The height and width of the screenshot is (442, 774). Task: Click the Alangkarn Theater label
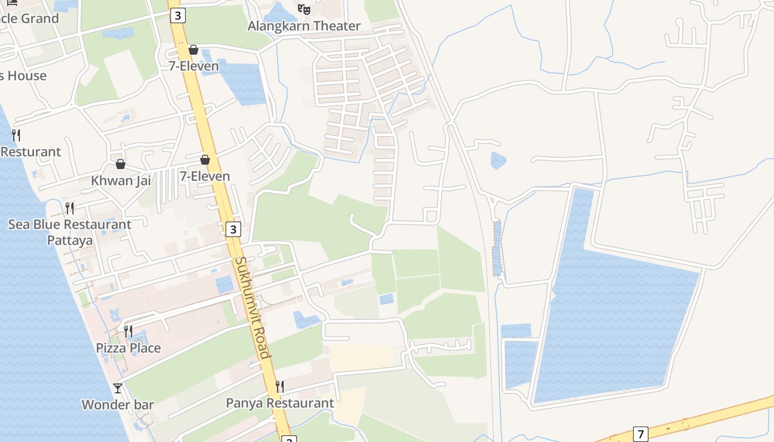coord(304,26)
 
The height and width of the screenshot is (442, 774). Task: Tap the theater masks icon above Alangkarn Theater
coord(304,9)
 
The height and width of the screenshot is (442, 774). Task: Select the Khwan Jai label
coord(121,181)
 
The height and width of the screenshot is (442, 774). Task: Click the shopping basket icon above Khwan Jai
coord(121,164)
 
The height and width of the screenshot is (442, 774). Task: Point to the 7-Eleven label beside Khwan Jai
coord(205,176)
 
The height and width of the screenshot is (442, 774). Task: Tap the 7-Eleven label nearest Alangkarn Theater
coord(193,66)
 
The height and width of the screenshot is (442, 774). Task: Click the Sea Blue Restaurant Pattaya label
coord(70,233)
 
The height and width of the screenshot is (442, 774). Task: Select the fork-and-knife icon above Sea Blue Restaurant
coord(70,208)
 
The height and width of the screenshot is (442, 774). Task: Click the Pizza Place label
coord(128,348)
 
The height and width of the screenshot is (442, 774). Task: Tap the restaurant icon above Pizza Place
coord(128,331)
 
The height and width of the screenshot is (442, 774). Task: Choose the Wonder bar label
coord(118,404)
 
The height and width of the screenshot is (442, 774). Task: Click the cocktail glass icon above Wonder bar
coord(118,388)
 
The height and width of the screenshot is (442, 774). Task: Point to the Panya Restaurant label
coord(280,403)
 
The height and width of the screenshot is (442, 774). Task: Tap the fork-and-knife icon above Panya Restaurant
coord(280,386)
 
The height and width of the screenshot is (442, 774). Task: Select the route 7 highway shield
coord(640,434)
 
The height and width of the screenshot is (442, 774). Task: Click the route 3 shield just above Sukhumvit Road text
coord(233,229)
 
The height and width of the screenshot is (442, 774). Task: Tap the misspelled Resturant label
coord(30,151)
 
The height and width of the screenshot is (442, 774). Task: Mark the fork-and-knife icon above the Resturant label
coord(17,135)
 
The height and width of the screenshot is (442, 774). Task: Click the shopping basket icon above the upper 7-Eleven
coord(193,50)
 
